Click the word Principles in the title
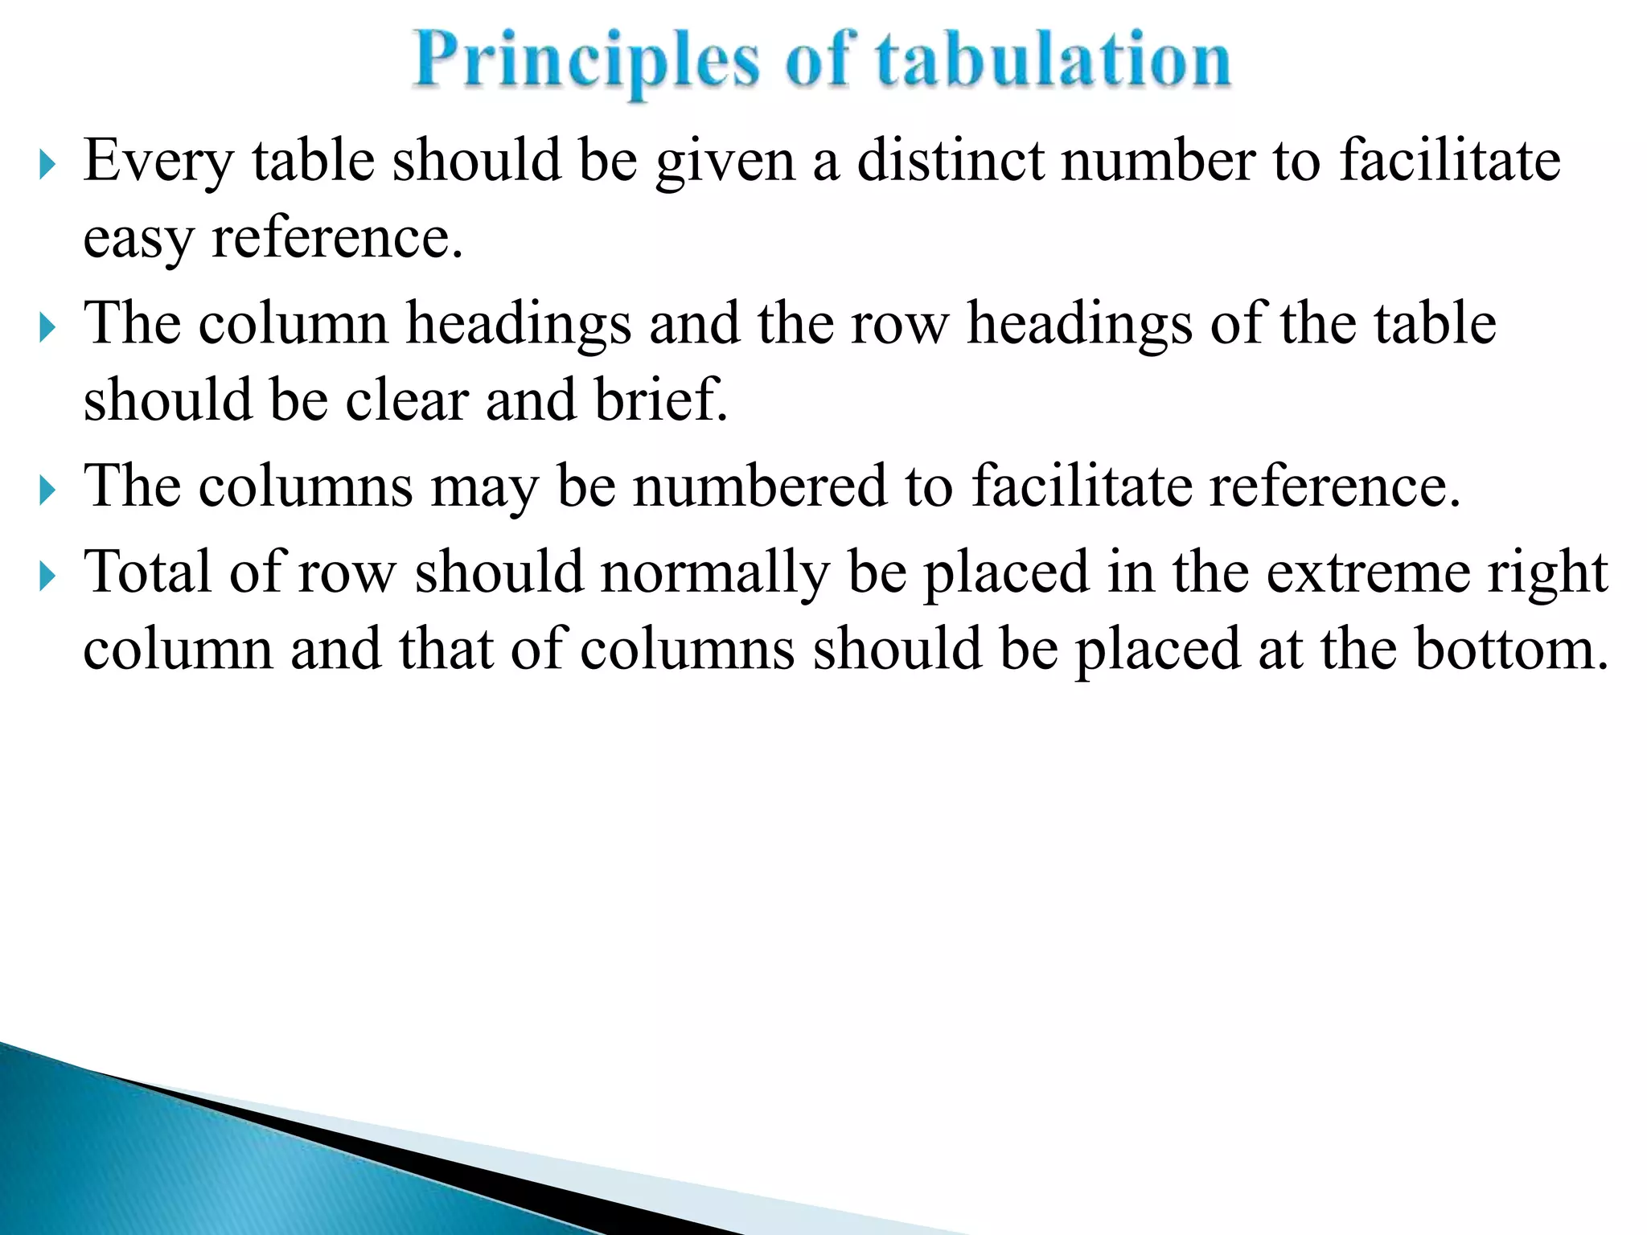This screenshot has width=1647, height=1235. point(586,61)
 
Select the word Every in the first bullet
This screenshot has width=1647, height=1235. point(158,161)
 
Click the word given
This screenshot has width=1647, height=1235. point(725,161)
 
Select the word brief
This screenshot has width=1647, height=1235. point(660,399)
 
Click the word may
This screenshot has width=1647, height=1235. point(484,487)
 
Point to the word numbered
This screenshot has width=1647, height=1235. point(758,486)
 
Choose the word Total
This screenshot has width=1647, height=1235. point(148,572)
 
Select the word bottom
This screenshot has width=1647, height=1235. point(1512,649)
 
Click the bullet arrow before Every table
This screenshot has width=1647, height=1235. point(47,166)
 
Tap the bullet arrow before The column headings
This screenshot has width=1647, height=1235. point(47,328)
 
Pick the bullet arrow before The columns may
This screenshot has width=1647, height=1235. point(47,491)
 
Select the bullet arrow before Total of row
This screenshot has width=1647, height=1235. point(47,576)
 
